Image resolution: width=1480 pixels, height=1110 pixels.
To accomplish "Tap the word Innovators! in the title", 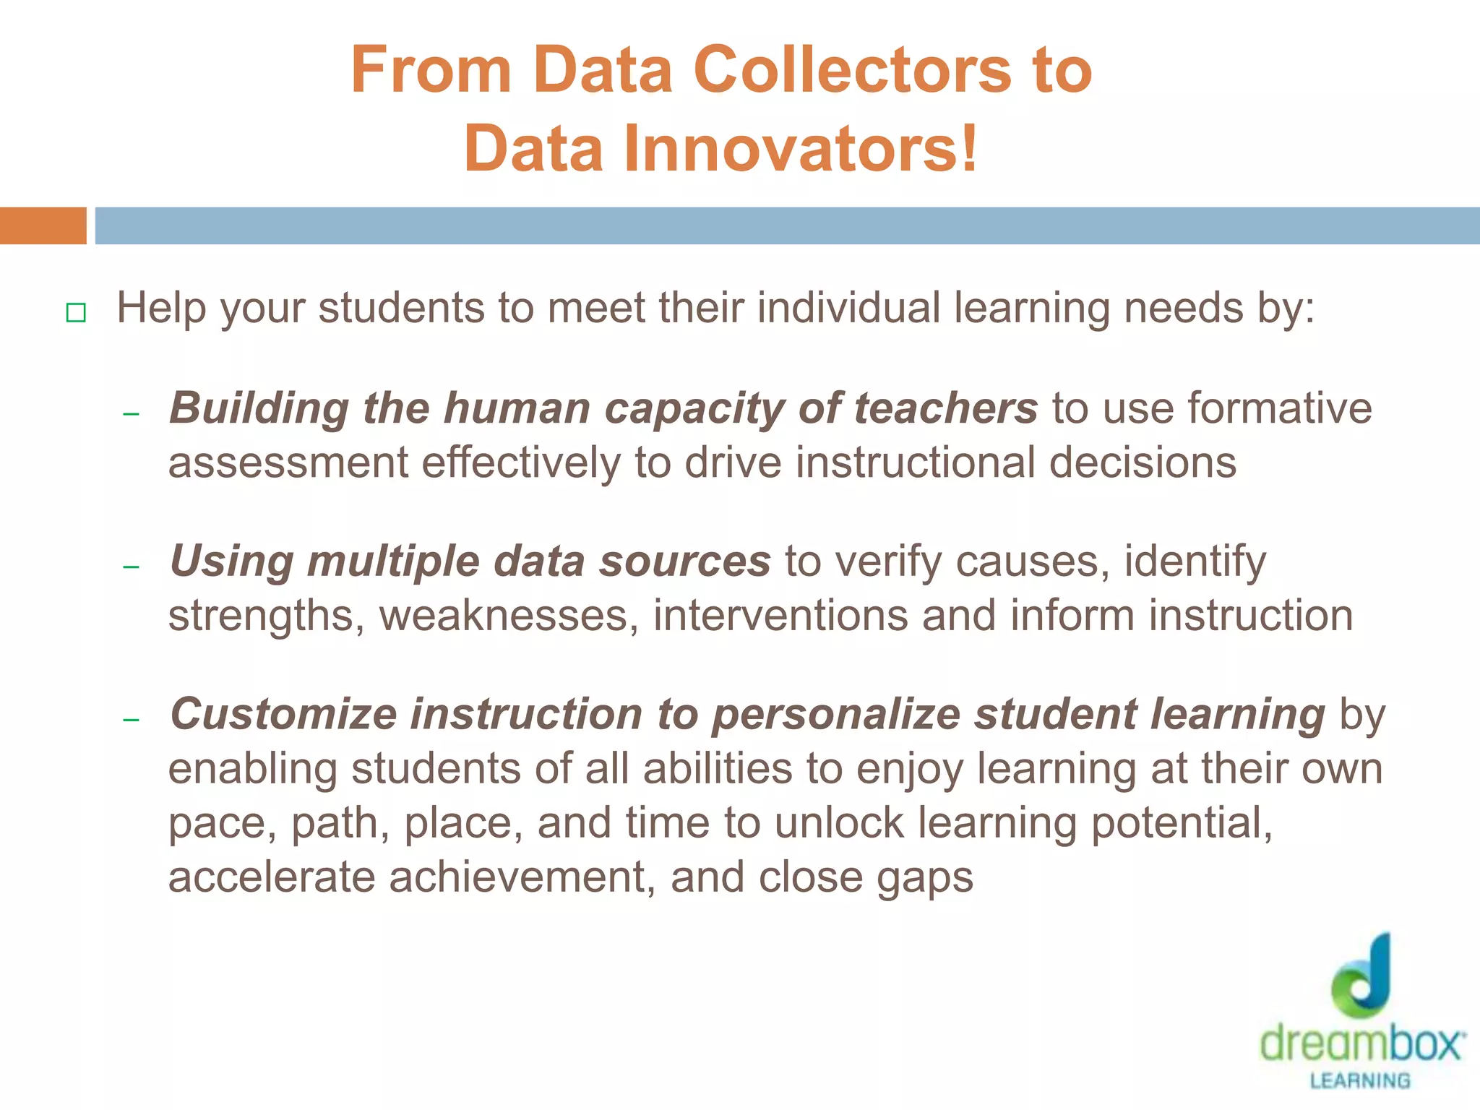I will [799, 149].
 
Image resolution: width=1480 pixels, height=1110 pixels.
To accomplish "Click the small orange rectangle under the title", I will [43, 225].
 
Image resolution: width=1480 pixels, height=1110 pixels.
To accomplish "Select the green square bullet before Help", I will [76, 313].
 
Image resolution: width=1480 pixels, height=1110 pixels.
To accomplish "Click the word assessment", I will [288, 463].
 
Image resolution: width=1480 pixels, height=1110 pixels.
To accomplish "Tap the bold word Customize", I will [283, 715].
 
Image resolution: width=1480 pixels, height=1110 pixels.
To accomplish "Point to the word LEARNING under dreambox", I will [1360, 1081].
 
